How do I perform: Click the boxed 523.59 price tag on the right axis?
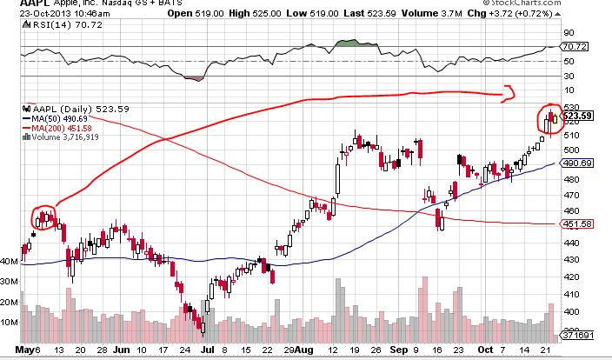tap(578, 116)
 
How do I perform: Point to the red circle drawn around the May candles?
tap(44, 217)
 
